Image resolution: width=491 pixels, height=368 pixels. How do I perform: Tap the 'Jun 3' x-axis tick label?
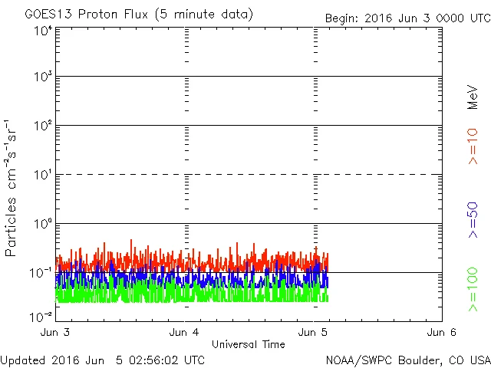coord(56,332)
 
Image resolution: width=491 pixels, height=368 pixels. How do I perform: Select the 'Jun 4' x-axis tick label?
coord(185,332)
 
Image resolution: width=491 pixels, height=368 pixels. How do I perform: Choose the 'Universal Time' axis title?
coord(249,344)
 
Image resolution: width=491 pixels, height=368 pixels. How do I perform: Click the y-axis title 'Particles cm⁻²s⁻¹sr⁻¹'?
coord(12,188)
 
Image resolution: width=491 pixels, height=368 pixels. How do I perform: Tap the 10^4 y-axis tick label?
coord(42,31)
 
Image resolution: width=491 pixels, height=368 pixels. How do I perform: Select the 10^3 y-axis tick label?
coord(42,77)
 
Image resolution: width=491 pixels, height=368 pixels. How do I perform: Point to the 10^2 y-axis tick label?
coord(42,126)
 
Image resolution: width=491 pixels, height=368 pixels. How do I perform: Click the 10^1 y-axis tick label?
coord(42,175)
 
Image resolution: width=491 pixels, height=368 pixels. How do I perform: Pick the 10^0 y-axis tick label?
coord(42,224)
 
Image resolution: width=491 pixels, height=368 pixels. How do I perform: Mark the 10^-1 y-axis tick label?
coord(41,273)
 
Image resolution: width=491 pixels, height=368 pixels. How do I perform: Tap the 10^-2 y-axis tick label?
coord(41,316)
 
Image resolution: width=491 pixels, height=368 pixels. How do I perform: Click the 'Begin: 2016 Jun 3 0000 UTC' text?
coord(407,17)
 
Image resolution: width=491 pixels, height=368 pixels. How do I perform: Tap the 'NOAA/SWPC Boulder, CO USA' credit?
coord(407,359)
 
